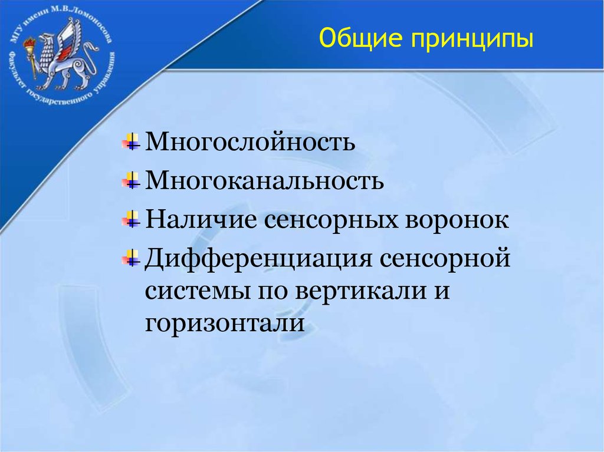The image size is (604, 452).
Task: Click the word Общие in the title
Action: click(356, 39)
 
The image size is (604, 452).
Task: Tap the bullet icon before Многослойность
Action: click(131, 141)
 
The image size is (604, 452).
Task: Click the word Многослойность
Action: click(250, 142)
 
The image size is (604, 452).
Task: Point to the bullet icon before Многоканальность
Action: click(131, 180)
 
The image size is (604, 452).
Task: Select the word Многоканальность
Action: click(265, 181)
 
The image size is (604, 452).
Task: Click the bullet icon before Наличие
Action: click(131, 219)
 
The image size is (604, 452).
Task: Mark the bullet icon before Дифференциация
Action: click(131, 258)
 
